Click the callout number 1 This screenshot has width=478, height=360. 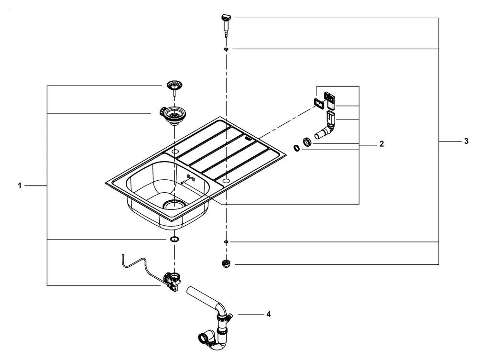20,185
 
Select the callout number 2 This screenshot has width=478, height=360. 381,143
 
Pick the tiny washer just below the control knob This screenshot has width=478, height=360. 226,49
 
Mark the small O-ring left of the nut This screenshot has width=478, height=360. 297,148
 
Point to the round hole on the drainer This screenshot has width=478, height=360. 226,181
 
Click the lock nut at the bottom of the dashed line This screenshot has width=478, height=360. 226,264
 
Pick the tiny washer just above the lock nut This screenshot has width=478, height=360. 226,242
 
